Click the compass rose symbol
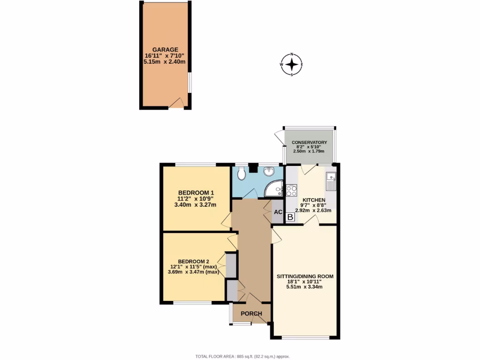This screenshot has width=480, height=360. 292,65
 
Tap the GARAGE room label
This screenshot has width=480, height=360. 165,49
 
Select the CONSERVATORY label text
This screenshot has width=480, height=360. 309,142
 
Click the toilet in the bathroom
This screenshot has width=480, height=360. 241,174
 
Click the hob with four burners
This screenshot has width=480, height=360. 291,190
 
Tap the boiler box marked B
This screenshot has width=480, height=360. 290,217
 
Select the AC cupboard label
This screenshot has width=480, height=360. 278,212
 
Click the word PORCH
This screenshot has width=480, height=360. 251,314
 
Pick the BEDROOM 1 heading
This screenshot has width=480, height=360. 196,192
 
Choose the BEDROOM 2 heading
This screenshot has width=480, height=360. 193,261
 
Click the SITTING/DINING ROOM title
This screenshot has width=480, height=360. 305,277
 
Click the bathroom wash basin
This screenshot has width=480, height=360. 270,172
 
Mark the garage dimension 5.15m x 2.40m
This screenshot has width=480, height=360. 165,62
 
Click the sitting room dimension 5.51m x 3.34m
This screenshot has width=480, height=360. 305,287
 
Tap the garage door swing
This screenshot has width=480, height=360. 176,103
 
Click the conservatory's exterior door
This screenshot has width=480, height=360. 279,137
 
